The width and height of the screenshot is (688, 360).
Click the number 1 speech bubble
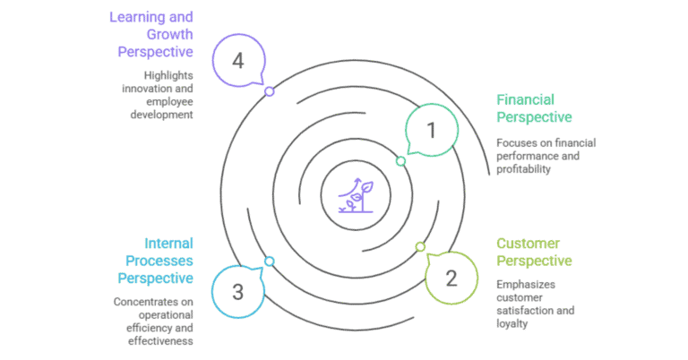pyautogui.click(x=431, y=131)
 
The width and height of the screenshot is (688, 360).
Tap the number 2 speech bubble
pyautogui.click(x=451, y=277)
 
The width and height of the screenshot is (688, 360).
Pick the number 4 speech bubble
pyautogui.click(x=238, y=61)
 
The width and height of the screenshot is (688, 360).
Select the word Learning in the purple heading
pyautogui.click(x=138, y=17)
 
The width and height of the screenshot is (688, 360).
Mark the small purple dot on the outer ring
pyautogui.click(x=269, y=91)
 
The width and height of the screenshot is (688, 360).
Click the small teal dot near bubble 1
pyautogui.click(x=400, y=161)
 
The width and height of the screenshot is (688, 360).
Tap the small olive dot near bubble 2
pyautogui.click(x=419, y=246)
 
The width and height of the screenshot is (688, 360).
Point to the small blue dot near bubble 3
pyautogui.click(x=269, y=261)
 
